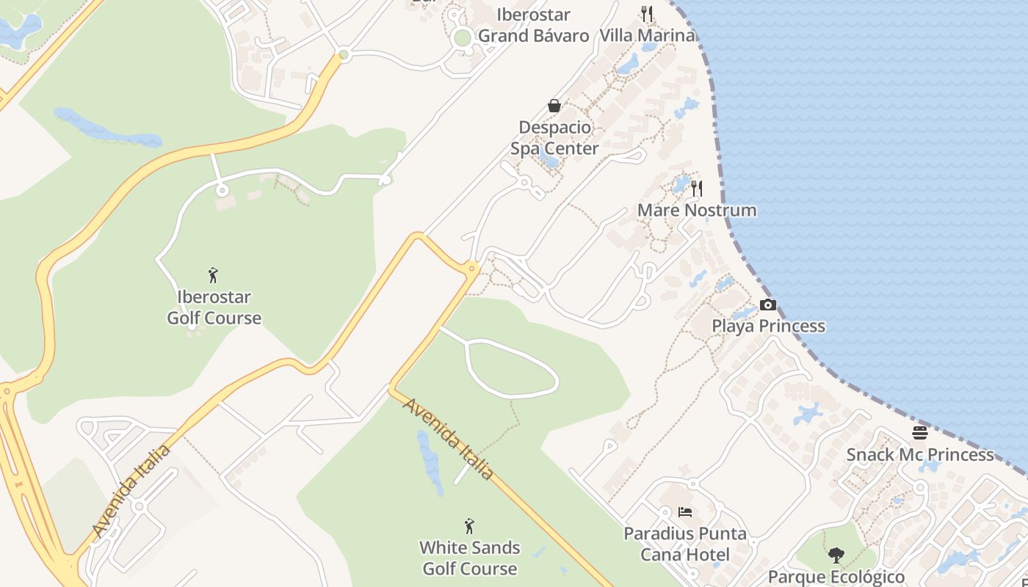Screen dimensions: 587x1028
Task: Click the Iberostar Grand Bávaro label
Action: (534, 25)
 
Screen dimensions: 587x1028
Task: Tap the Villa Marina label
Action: (647, 35)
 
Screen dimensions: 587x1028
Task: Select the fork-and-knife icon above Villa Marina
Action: (647, 13)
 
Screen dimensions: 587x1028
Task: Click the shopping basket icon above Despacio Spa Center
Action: (554, 106)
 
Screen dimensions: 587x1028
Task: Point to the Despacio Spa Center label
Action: (554, 138)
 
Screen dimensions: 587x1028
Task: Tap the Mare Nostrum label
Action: (696, 211)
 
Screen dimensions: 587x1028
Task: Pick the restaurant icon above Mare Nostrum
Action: (696, 189)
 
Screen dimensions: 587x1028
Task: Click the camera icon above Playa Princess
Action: (767, 305)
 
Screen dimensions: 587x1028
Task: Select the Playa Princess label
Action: (768, 326)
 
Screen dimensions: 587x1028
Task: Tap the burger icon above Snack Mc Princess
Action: (920, 433)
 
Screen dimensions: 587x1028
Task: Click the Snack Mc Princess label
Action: (920, 455)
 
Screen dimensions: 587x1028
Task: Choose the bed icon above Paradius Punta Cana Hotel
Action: (685, 512)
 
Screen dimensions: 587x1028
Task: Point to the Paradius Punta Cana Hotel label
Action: (685, 544)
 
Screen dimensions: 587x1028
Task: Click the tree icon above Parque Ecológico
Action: (836, 555)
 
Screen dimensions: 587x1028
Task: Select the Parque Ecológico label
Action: (836, 577)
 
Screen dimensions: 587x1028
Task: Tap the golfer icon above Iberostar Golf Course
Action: (214, 275)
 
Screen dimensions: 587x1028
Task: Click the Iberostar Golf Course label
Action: (214, 307)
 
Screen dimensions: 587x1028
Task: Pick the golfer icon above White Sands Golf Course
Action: (469, 526)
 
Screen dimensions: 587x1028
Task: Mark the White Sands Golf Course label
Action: (469, 558)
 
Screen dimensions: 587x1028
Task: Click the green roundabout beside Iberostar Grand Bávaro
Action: (462, 37)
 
